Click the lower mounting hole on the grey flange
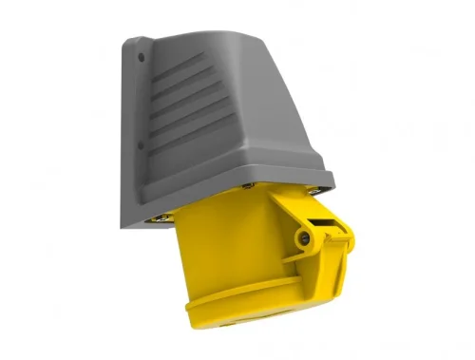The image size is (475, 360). (142, 148)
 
